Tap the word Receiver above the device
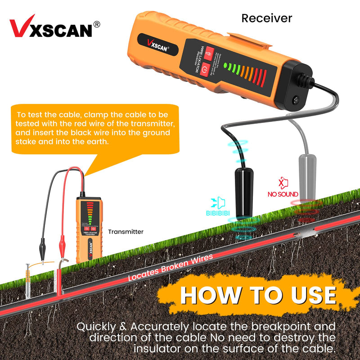point(266,18)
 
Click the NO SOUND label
point(283,194)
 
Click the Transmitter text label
point(126,232)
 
